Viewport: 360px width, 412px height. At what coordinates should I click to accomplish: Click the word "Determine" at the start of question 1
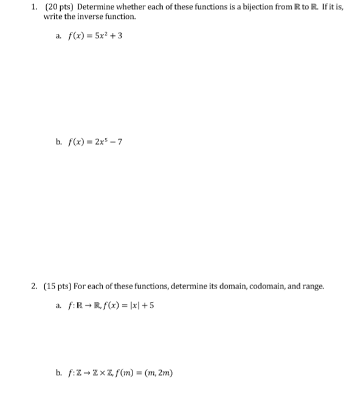[95, 7]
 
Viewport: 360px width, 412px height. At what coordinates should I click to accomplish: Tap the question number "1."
[35, 7]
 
